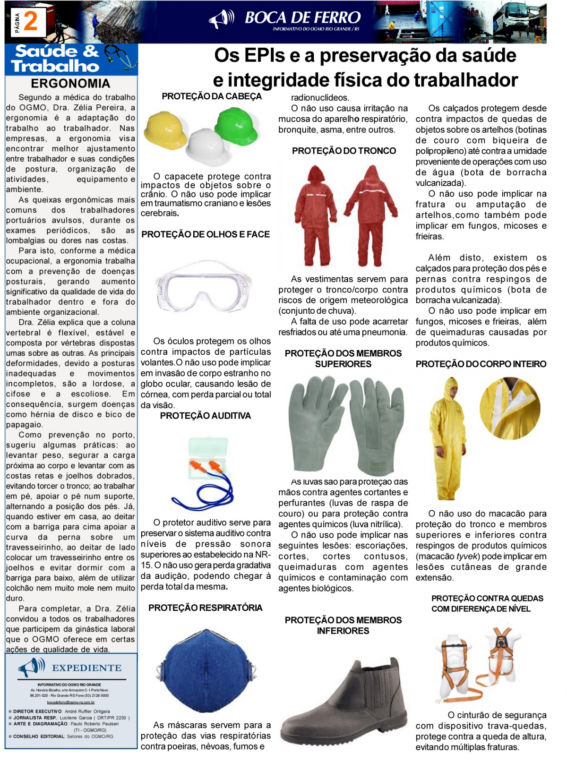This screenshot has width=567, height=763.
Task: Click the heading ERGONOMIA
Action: click(x=70, y=84)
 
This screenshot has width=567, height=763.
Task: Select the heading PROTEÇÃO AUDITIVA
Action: click(x=206, y=416)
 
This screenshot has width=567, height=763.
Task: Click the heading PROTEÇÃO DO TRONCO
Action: click(x=344, y=151)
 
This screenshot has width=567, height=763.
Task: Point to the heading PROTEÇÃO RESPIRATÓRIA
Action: click(x=205, y=608)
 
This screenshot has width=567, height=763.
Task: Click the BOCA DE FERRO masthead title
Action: click(x=302, y=18)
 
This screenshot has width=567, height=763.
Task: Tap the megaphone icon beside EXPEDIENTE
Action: click(x=31, y=668)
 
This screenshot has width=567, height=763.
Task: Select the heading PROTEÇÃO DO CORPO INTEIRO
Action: click(x=481, y=364)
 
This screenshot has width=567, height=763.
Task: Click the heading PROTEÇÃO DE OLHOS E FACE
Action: click(x=206, y=234)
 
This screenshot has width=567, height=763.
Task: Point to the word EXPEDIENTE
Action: click(x=86, y=668)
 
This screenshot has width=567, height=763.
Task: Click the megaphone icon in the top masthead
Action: click(x=221, y=19)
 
